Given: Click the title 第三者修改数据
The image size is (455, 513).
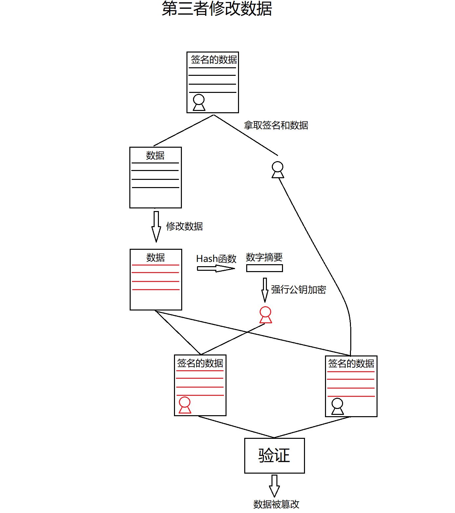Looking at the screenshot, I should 217,9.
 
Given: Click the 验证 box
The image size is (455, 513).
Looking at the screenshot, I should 274,456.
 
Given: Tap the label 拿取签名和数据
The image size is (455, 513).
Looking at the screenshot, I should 276,125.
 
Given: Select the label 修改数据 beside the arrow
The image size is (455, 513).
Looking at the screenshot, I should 184,226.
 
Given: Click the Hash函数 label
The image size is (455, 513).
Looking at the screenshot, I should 216,259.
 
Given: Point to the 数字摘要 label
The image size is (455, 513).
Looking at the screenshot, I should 264,257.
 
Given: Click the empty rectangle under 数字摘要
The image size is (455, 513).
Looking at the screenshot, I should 264,268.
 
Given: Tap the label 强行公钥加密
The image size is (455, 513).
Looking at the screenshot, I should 298,289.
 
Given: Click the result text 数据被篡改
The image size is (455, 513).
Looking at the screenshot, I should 276,504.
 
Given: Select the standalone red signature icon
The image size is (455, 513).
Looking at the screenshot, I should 266,315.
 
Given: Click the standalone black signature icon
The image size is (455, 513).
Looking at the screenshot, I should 278,170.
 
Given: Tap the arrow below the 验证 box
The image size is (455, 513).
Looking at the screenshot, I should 274,485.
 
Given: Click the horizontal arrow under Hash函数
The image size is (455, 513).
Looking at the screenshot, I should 215,268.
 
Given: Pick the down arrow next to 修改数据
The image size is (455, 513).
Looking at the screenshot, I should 156,226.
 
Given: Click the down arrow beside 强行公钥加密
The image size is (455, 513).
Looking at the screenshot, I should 265,289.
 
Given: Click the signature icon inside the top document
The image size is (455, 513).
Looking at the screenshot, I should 199,102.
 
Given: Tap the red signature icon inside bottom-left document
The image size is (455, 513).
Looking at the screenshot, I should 185,405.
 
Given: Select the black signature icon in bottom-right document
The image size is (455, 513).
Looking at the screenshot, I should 337,406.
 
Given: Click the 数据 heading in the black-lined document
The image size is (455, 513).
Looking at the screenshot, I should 155,155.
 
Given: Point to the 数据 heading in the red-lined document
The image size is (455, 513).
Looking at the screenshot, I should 156,257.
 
